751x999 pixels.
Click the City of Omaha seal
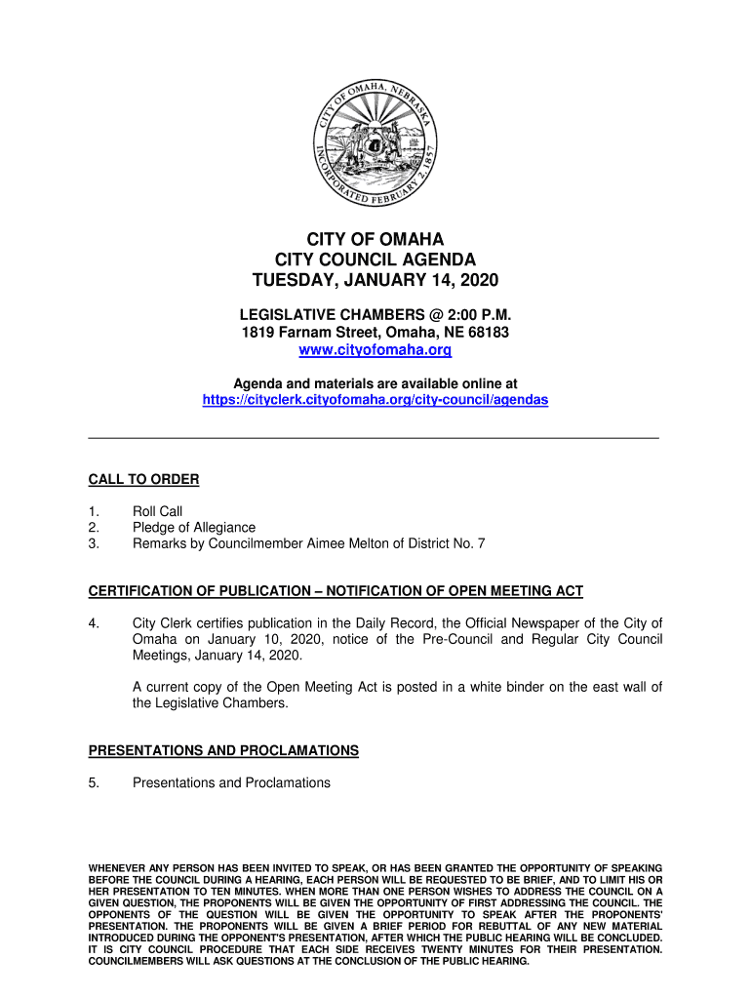tap(375, 142)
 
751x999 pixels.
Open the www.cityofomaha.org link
tap(375, 350)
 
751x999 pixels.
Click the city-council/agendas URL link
tap(375, 400)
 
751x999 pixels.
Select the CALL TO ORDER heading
tap(143, 479)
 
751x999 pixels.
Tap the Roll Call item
tap(157, 511)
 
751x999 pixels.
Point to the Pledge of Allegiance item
tap(194, 528)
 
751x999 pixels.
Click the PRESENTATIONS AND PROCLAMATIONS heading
tap(223, 750)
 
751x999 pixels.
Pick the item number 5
tap(94, 782)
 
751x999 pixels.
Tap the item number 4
tap(94, 623)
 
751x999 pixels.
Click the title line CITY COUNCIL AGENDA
tap(375, 260)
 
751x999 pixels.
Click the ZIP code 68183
tap(486, 333)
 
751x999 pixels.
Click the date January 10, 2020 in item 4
tap(219, 639)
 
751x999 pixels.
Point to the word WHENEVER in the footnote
tap(117, 867)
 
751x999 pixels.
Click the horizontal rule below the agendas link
tap(375, 438)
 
